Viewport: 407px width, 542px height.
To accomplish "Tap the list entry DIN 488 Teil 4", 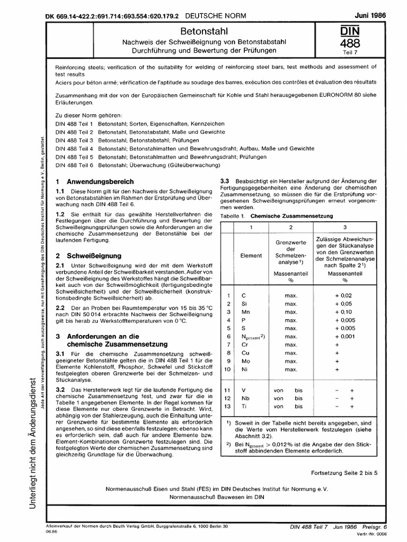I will click(x=74, y=150).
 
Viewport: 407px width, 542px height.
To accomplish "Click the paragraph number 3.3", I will click(x=224, y=182).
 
